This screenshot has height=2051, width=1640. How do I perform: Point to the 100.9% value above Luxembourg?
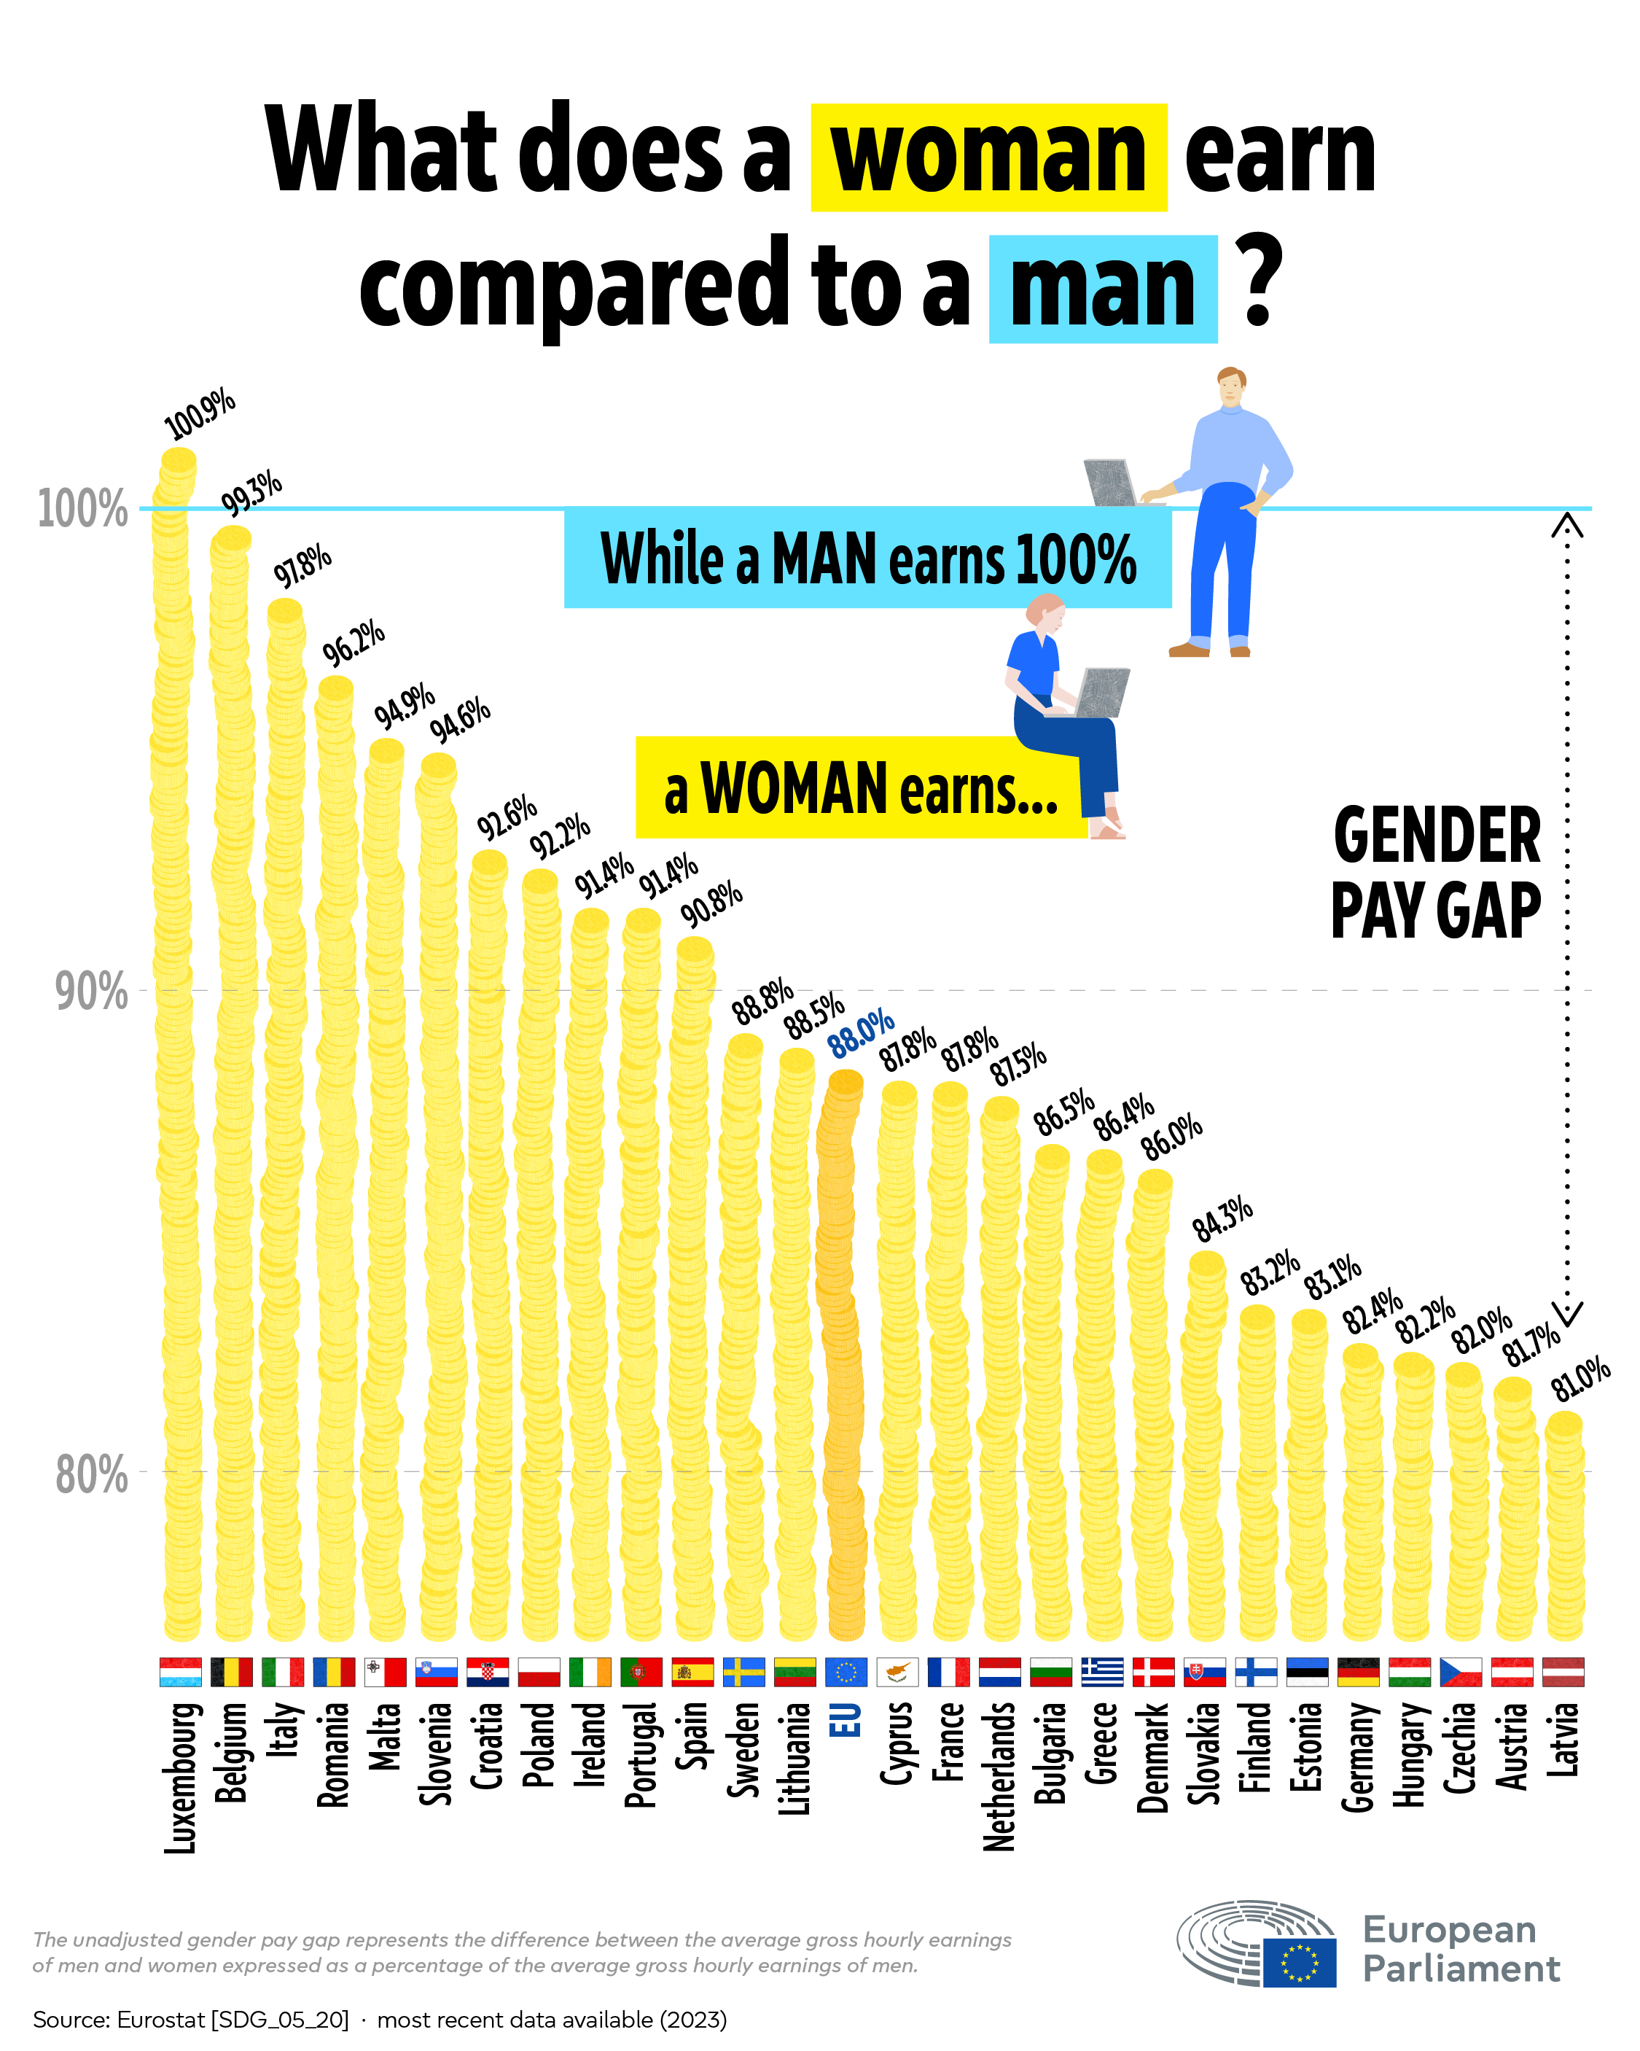[x=200, y=412]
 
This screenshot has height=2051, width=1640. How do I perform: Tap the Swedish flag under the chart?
[x=743, y=1671]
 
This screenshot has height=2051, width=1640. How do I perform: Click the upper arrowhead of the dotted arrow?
[x=1567, y=524]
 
